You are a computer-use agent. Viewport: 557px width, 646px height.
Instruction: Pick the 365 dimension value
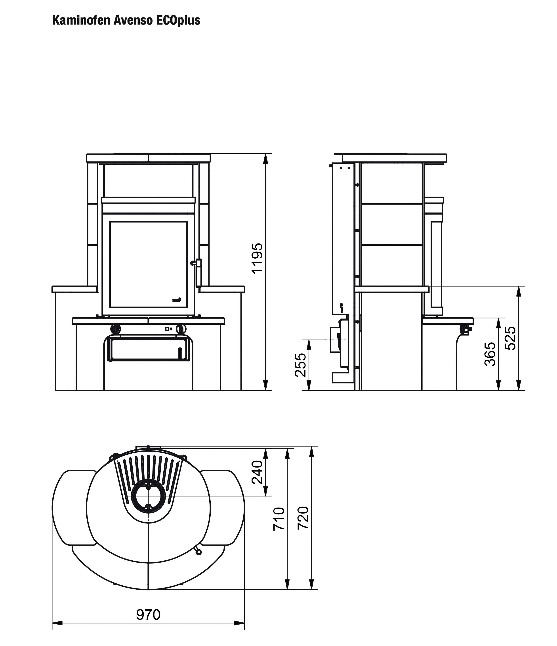(490, 354)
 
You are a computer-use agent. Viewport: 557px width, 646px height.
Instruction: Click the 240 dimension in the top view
(257, 472)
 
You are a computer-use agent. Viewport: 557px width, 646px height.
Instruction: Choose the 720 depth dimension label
(303, 518)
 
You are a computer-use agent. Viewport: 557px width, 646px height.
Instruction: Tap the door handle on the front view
(198, 273)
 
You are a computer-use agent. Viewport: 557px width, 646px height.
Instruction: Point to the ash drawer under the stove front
(148, 349)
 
